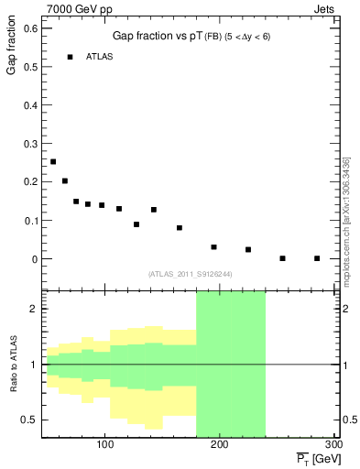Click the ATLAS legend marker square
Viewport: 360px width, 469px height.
point(70,57)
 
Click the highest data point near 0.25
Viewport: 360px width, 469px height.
point(53,162)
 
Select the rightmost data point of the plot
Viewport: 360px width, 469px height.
point(317,258)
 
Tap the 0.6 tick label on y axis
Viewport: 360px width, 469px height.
point(31,27)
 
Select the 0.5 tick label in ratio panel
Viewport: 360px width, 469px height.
point(31,420)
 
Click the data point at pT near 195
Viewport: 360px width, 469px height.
point(213,246)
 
